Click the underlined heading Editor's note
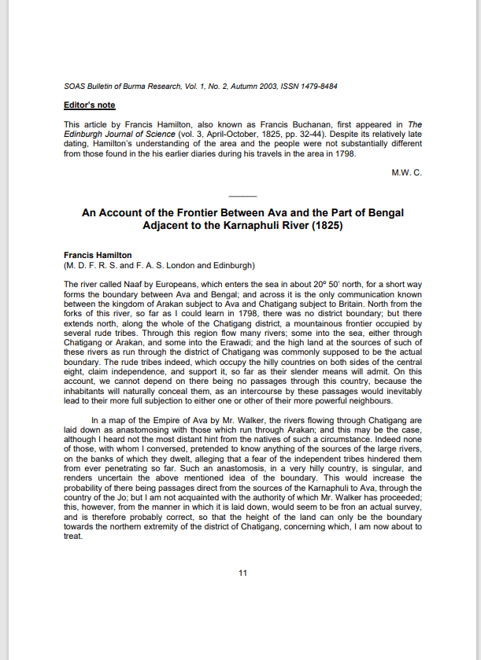tap(89, 104)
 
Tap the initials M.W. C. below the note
tap(406, 172)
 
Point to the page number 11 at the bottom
tap(242, 572)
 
